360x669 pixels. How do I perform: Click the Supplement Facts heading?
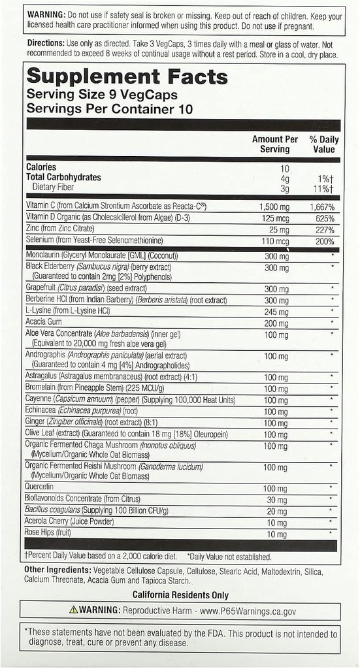click(127, 77)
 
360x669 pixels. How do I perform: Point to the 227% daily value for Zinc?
click(323, 230)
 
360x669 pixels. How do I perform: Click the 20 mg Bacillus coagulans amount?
click(278, 511)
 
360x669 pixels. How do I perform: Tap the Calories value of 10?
click(284, 168)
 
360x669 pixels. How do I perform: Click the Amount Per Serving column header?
click(275, 144)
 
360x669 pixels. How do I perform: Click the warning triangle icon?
click(74, 610)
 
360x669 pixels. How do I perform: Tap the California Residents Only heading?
click(180, 595)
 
